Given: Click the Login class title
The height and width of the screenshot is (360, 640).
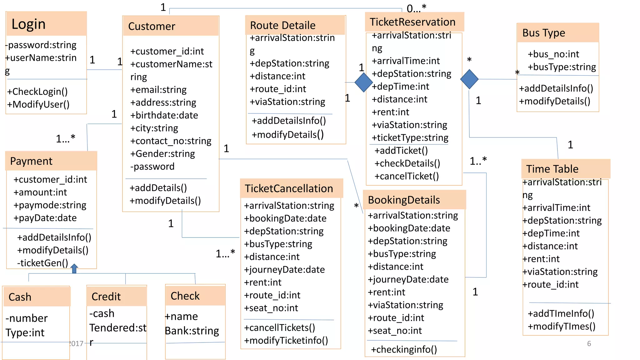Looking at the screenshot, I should (x=29, y=24).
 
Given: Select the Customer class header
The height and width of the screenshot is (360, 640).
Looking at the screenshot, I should (x=152, y=26).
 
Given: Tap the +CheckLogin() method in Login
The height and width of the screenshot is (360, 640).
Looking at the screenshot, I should (x=37, y=92).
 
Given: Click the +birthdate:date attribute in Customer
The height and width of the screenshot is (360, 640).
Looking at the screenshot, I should (x=164, y=115).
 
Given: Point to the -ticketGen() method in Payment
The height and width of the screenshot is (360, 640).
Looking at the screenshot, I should (x=42, y=263).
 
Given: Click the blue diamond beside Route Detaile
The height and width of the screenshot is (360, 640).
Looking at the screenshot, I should (x=363, y=82).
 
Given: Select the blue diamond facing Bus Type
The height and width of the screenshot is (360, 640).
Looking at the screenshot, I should (x=469, y=79).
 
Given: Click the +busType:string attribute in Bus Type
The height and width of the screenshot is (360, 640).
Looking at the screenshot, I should (x=562, y=67).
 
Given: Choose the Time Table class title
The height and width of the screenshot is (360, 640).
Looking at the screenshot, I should (x=552, y=169).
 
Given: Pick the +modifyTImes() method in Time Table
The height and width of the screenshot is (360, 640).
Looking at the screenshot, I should (x=561, y=327).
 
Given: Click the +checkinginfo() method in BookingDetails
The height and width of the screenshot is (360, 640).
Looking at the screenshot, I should (x=404, y=349).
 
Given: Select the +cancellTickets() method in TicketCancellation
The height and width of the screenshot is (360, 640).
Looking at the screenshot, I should (x=279, y=328).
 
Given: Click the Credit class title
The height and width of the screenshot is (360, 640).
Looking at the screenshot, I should (x=106, y=297).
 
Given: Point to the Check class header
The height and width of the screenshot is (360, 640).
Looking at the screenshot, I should (x=185, y=296).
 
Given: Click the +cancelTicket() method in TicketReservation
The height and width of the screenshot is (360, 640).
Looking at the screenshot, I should (x=407, y=176).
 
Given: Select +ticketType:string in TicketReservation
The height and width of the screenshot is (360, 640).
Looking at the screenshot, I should (x=410, y=138).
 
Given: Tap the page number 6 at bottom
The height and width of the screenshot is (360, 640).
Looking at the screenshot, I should (x=589, y=343).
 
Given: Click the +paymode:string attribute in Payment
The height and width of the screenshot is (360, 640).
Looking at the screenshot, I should (x=50, y=205).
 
